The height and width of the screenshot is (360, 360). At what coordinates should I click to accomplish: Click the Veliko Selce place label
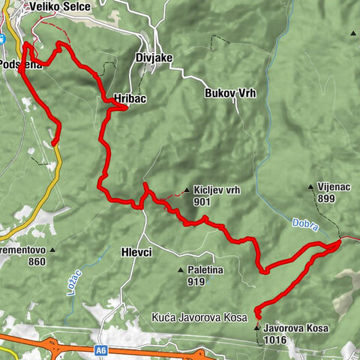point(59,7)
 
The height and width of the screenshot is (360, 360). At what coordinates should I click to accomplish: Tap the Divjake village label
point(155,57)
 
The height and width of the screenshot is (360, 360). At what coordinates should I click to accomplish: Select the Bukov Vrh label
point(229,94)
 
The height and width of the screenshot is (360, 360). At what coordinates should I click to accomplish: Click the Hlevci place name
point(136,253)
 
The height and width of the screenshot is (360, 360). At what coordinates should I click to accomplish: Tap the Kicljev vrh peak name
point(217,191)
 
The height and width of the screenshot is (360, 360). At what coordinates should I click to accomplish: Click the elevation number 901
point(200,202)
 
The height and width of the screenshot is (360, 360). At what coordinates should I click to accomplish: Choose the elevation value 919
point(197,282)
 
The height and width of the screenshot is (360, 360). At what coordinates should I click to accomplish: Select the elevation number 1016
point(274,340)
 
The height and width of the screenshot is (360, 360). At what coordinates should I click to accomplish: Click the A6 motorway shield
point(101,349)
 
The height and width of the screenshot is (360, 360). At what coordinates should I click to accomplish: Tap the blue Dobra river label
point(298,223)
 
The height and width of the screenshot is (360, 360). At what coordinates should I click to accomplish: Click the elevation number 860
point(35,262)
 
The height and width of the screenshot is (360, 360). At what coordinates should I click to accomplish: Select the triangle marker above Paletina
point(180,270)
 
